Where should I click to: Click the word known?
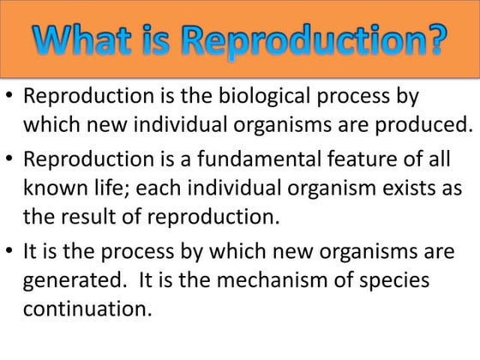tap(55, 188)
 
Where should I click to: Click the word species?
tap(393, 279)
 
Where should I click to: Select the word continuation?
tap(87, 309)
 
